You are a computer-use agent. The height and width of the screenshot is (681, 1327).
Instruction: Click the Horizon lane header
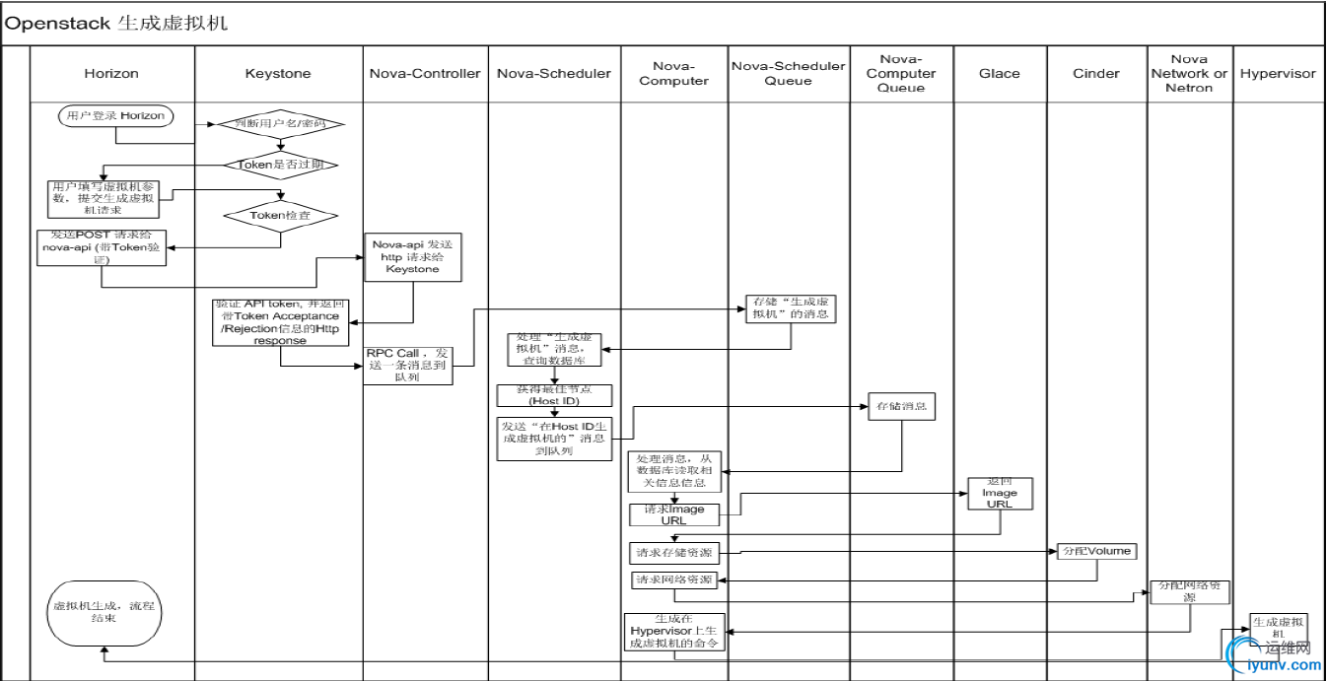pyautogui.click(x=111, y=73)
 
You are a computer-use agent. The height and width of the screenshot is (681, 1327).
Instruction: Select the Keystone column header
pyautogui.click(x=278, y=73)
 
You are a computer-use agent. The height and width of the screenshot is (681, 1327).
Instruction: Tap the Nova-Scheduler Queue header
pyautogui.click(x=789, y=73)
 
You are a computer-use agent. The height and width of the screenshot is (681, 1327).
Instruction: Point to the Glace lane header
pyautogui.click(x=1000, y=73)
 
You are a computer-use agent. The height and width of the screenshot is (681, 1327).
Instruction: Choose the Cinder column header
pyautogui.click(x=1096, y=73)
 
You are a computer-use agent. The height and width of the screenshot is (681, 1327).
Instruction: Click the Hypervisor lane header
pyautogui.click(x=1278, y=73)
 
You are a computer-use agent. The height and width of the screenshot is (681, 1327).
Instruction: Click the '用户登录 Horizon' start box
pyautogui.click(x=116, y=116)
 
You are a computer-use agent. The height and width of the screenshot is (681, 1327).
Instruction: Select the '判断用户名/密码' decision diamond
pyautogui.click(x=281, y=125)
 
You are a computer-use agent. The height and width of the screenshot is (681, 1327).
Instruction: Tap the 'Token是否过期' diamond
pyautogui.click(x=281, y=165)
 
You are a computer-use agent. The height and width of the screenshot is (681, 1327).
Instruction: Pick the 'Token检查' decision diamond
pyautogui.click(x=281, y=215)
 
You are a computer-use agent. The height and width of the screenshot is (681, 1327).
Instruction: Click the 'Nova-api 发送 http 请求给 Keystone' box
pyautogui.click(x=413, y=257)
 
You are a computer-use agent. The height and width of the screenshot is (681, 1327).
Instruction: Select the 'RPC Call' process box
pyautogui.click(x=409, y=365)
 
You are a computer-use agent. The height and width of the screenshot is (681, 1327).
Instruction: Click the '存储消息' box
pyautogui.click(x=901, y=406)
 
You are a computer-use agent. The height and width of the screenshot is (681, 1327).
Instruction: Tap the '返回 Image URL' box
pyautogui.click(x=1000, y=492)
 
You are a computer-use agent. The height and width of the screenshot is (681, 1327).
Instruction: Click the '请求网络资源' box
pyautogui.click(x=672, y=580)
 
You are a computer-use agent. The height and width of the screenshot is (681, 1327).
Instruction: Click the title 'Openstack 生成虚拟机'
pyautogui.click(x=116, y=23)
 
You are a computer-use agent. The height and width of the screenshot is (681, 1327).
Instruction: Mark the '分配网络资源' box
pyautogui.click(x=1190, y=591)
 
